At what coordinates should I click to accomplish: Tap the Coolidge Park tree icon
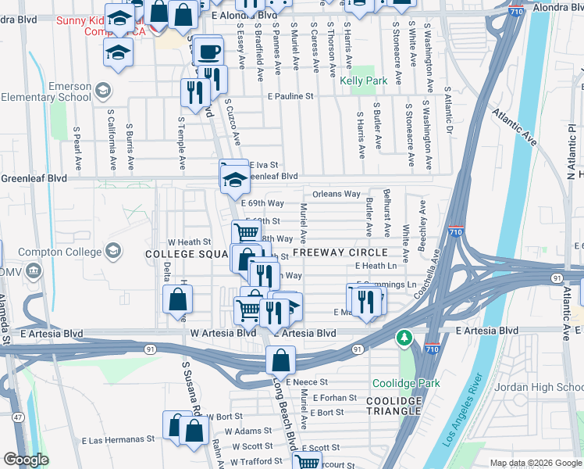click(x=404, y=338)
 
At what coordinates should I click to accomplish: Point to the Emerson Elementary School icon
click(x=102, y=92)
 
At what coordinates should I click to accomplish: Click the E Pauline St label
click(x=290, y=97)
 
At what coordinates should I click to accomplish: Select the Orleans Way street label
click(x=337, y=194)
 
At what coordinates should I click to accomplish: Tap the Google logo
click(x=26, y=460)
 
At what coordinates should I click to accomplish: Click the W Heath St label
click(x=190, y=242)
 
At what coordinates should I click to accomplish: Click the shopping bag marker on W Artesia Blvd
click(x=178, y=299)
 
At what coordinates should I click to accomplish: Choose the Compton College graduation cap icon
click(x=113, y=251)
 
